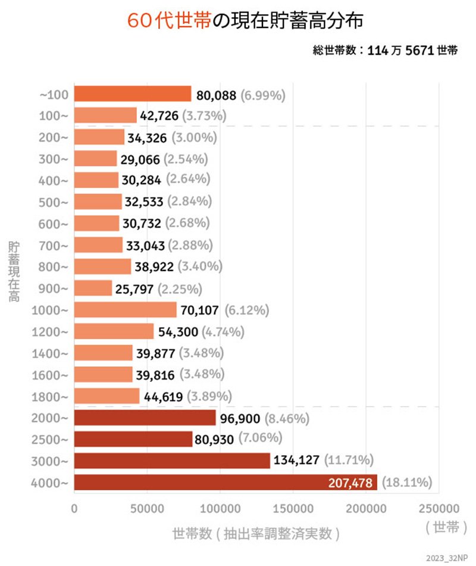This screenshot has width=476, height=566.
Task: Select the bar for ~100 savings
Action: [x=132, y=94]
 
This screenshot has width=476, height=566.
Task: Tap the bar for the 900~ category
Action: [x=93, y=288]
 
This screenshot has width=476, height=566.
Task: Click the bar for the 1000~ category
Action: [x=125, y=310]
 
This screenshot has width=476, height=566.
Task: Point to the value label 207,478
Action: [x=352, y=482]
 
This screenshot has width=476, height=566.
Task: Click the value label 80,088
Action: [x=217, y=95]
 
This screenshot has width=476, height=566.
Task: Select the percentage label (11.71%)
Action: [x=348, y=460]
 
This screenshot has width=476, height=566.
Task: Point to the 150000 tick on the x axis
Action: [x=293, y=509]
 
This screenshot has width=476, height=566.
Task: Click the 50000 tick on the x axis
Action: [x=147, y=509]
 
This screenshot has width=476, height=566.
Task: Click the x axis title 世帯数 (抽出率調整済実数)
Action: [x=256, y=533]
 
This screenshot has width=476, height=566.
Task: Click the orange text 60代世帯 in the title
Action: [x=169, y=21]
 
